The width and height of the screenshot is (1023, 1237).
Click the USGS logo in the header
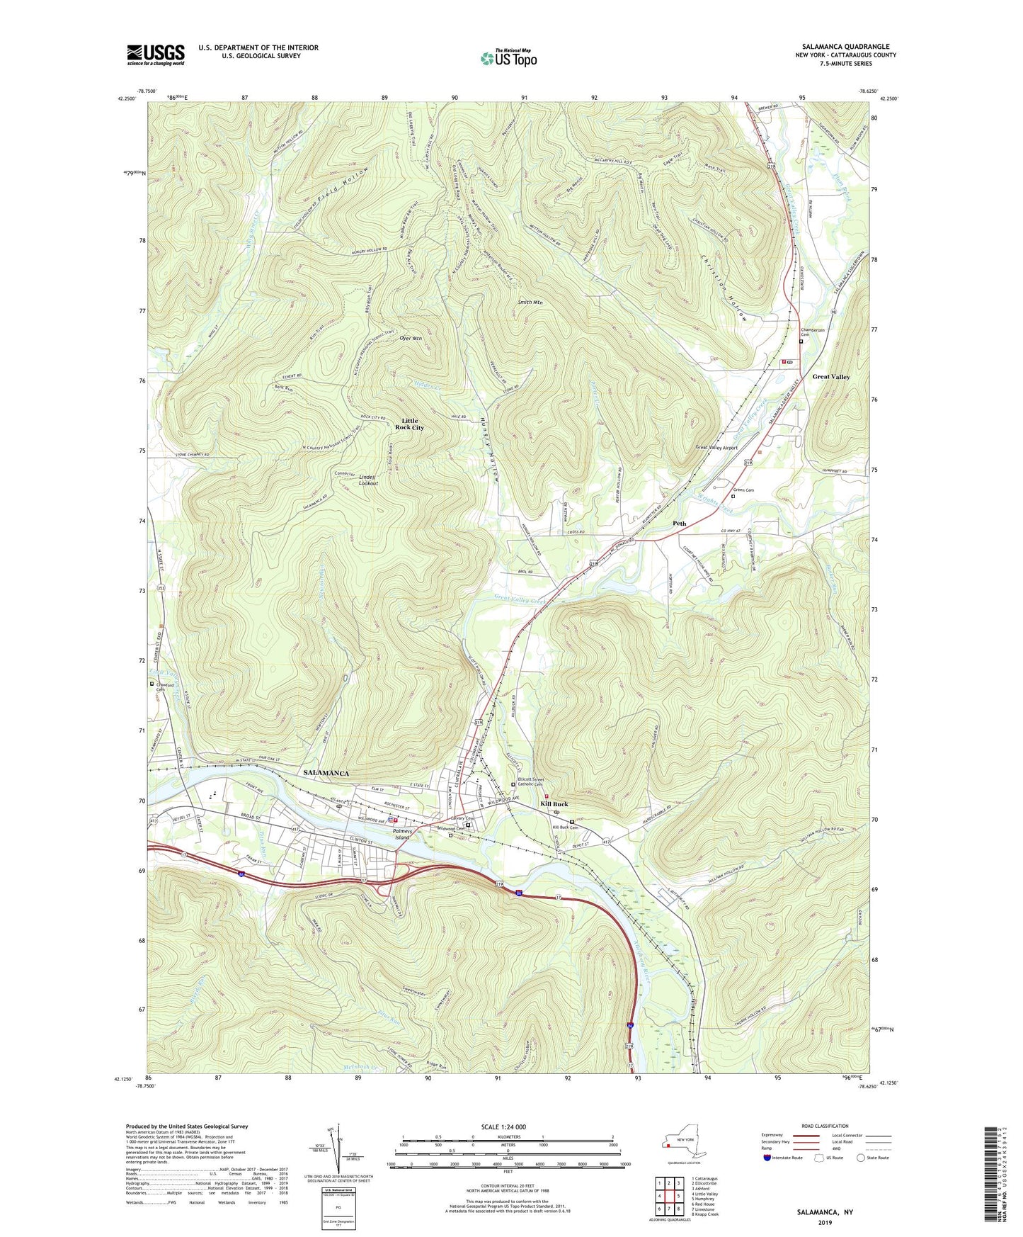[x=156, y=54]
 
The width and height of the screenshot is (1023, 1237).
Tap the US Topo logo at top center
[x=508, y=57]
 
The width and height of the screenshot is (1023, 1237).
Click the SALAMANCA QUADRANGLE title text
[x=845, y=46]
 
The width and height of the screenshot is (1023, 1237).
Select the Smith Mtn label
[x=530, y=303]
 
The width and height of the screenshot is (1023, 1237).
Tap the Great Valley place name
[x=830, y=377]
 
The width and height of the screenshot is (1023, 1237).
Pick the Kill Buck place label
[x=554, y=804]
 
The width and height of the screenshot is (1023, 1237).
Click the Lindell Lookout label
[x=368, y=480]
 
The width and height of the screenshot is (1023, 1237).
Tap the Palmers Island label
[x=402, y=835]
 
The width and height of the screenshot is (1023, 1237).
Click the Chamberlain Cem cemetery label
[x=813, y=332]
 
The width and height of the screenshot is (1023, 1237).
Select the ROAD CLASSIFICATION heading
[x=825, y=1126]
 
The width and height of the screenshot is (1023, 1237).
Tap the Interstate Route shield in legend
[x=767, y=1158]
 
